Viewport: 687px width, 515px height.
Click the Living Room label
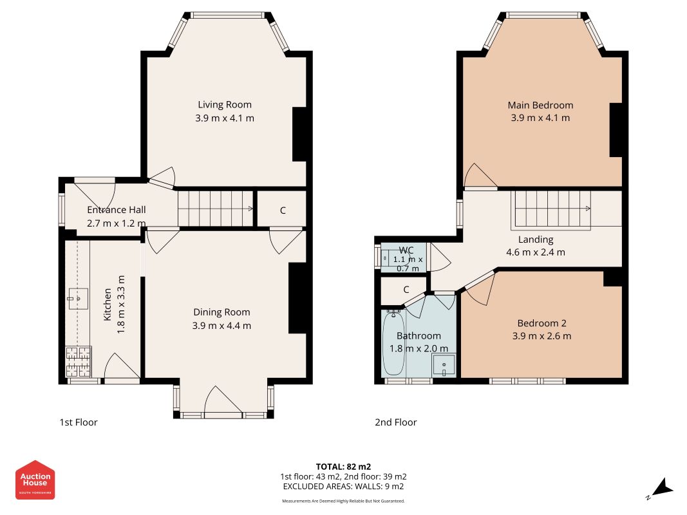224,105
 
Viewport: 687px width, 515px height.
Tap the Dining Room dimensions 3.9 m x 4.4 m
221,326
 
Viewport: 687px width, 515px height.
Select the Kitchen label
108,304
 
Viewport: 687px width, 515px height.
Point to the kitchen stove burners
79,362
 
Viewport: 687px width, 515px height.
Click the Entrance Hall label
116,210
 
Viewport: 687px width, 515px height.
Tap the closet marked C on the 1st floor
283,211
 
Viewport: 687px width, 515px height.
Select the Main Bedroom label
540,105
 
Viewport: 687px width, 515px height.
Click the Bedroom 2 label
541,323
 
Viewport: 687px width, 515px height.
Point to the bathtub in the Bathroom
393,343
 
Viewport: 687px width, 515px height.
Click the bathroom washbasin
444,365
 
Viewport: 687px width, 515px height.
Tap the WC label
406,250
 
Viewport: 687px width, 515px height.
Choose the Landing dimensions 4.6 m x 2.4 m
536,252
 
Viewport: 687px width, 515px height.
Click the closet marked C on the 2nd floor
406,290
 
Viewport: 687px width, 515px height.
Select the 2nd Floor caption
395,422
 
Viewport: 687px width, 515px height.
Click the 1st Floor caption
79,422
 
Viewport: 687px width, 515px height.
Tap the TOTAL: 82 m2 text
344,467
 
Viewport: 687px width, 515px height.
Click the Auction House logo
35,480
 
